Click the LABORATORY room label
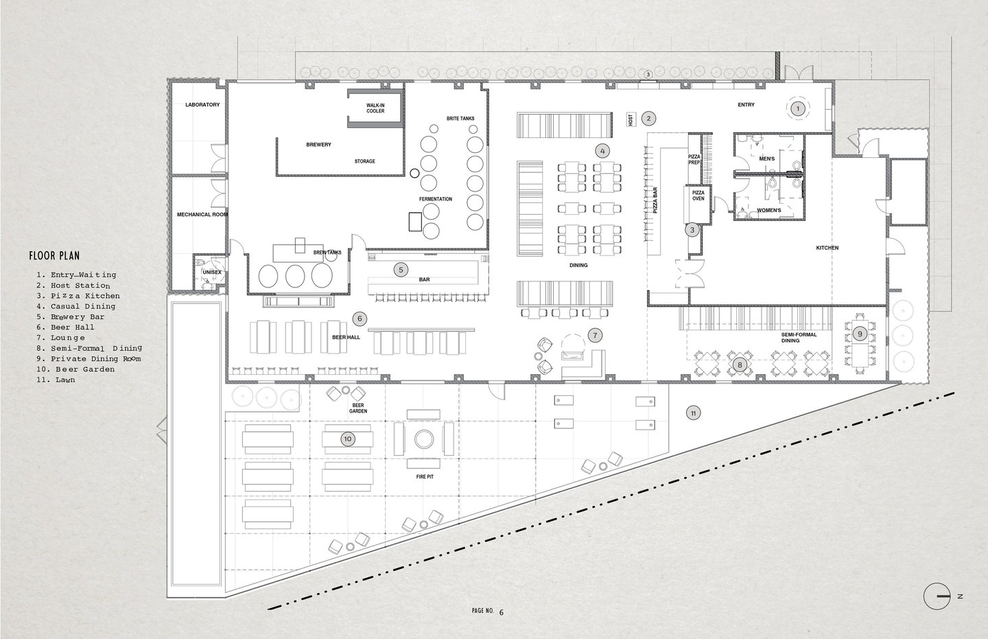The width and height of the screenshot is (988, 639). pyautogui.click(x=202, y=104)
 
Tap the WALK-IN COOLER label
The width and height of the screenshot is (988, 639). pyautogui.click(x=375, y=108)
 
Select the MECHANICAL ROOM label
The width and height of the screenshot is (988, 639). pyautogui.click(x=202, y=214)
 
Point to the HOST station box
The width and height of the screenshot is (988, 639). pyautogui.click(x=631, y=119)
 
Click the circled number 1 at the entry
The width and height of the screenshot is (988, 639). pyautogui.click(x=797, y=108)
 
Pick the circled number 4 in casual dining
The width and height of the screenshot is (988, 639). pyautogui.click(x=602, y=151)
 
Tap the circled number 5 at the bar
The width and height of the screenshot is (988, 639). pyautogui.click(x=401, y=270)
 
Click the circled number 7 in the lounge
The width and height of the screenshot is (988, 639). pyautogui.click(x=595, y=336)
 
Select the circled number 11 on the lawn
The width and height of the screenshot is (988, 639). pyautogui.click(x=694, y=413)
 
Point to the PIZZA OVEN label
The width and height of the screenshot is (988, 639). pyautogui.click(x=698, y=196)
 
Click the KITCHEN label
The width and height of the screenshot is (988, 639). pyautogui.click(x=827, y=248)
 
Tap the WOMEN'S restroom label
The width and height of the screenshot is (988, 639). pyautogui.click(x=768, y=211)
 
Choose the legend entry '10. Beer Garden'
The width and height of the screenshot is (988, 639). pyautogui.click(x=75, y=369)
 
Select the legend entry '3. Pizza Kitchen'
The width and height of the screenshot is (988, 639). pyautogui.click(x=78, y=296)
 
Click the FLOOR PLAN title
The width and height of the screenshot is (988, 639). pyautogui.click(x=55, y=255)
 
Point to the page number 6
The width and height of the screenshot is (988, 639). pyautogui.click(x=502, y=612)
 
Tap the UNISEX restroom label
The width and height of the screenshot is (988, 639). pyautogui.click(x=212, y=272)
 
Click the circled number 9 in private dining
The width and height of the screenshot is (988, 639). pyautogui.click(x=860, y=334)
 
